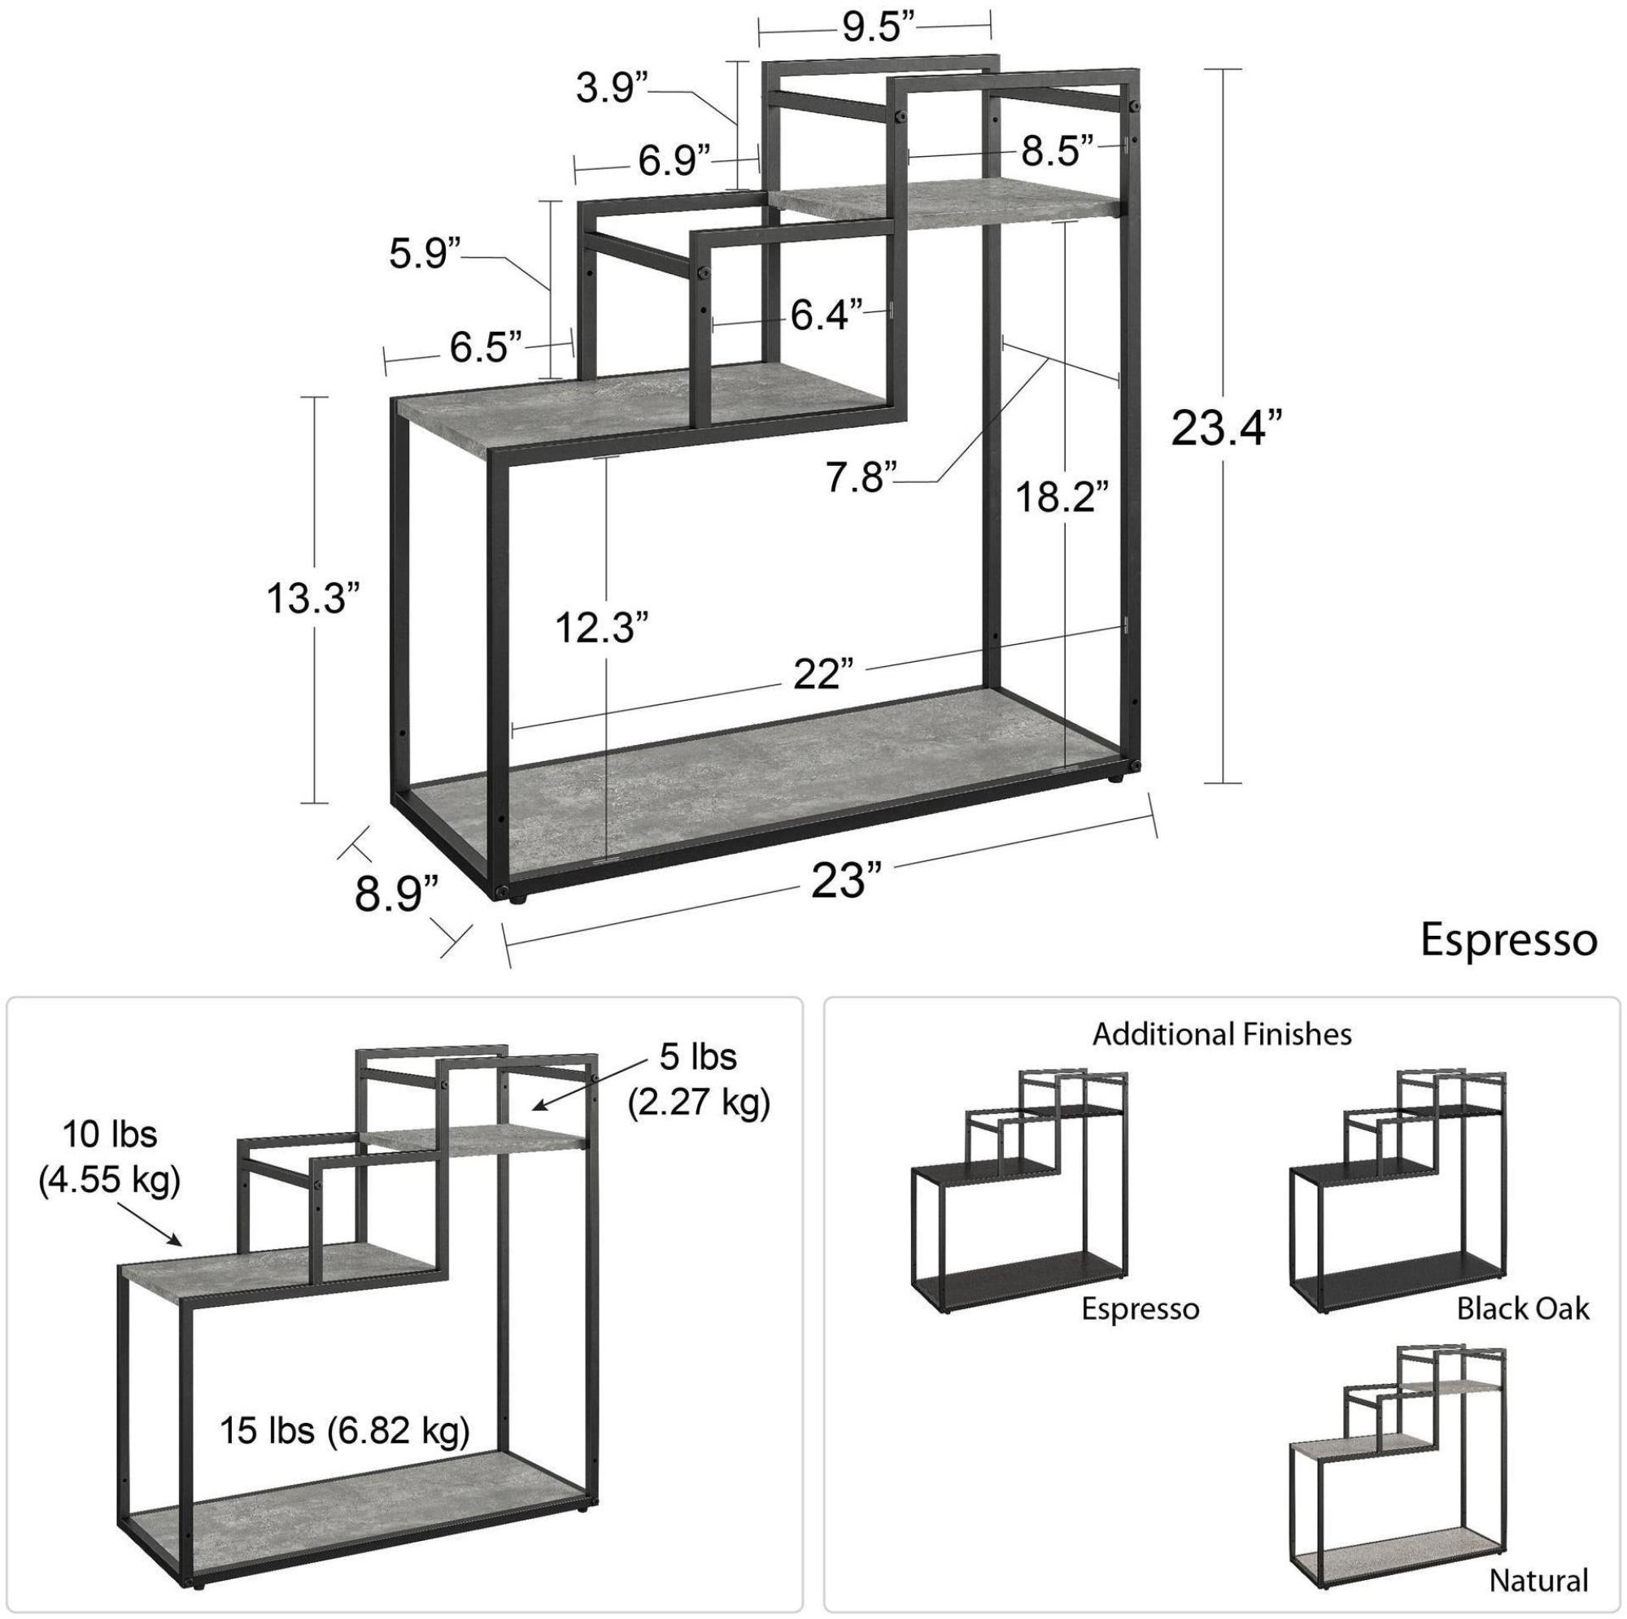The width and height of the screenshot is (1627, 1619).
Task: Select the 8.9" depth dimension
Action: tap(397, 894)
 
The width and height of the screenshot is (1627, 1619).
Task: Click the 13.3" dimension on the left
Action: tap(314, 599)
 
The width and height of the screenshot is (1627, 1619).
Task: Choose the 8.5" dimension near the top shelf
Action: tap(1058, 151)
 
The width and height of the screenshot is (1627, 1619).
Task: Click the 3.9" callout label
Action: tap(613, 88)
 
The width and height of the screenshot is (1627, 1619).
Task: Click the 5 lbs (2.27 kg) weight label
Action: tap(699, 1080)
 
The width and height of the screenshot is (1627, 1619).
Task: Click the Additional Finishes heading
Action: tap(1222, 1034)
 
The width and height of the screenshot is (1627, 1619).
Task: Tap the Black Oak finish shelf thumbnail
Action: tap(1398, 1205)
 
